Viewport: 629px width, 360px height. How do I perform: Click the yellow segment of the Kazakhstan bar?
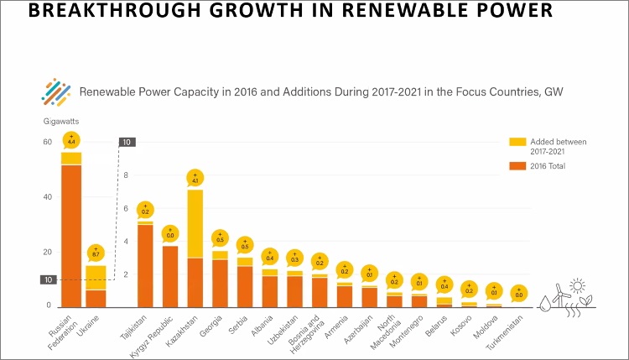click(195, 224)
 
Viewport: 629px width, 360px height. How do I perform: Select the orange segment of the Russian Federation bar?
click(71, 235)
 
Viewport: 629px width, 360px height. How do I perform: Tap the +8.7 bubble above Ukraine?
click(96, 252)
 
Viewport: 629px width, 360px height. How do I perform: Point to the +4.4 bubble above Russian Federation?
click(71, 138)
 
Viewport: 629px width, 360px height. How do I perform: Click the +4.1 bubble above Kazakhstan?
click(195, 178)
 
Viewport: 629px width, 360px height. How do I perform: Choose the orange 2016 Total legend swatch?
click(514, 166)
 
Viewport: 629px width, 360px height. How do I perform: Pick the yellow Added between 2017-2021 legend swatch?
click(514, 142)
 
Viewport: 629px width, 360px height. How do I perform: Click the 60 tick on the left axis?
click(48, 142)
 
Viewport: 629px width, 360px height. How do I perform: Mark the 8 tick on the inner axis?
click(126, 175)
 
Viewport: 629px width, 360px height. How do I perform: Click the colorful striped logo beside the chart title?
click(56, 92)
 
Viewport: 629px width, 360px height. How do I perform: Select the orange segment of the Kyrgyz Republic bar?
click(170, 276)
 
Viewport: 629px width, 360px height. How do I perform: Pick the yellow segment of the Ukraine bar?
click(96, 278)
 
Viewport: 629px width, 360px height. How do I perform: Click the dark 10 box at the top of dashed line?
click(126, 142)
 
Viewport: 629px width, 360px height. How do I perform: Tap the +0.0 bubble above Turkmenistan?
click(518, 293)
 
